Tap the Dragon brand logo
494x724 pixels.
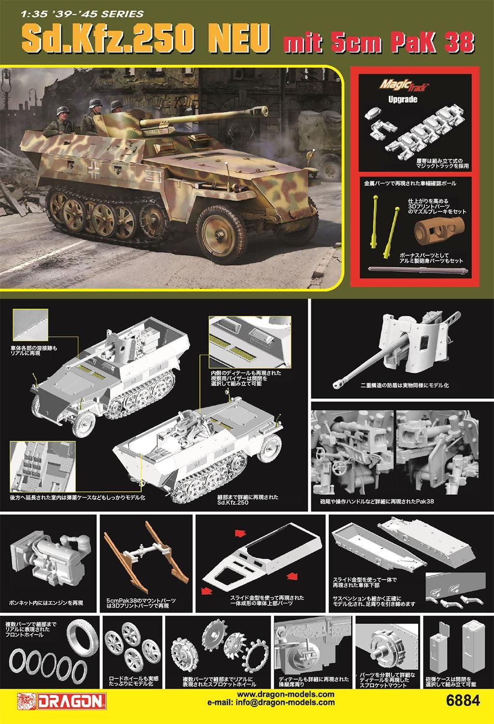coord(62,701)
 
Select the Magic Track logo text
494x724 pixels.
coord(404,85)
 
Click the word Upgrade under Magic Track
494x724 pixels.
coord(403,99)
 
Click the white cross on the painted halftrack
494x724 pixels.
coord(94,170)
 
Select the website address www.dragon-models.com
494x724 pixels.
coord(286,694)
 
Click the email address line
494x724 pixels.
coord(271,702)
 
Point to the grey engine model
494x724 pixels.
coord(50,558)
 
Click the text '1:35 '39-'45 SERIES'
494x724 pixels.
coord(82,14)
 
